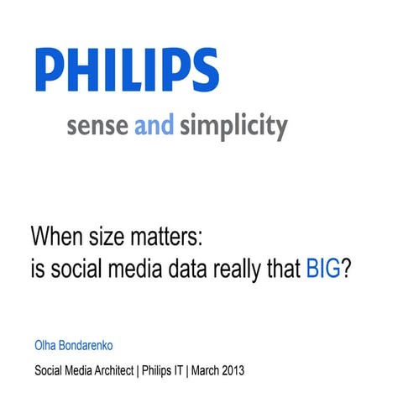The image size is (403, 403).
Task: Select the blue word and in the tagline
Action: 154,127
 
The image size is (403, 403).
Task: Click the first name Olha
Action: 46,343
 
